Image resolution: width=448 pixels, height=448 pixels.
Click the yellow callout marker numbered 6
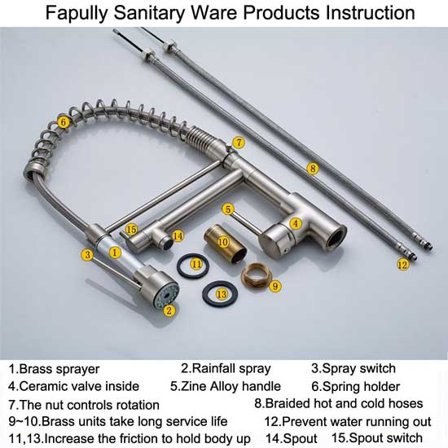(63, 123)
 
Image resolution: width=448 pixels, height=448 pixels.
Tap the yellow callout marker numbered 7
(238, 143)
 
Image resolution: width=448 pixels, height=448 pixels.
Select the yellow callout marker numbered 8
(312, 169)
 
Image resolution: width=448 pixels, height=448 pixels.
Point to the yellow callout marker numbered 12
(402, 265)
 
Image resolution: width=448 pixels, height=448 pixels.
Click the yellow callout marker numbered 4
(296, 222)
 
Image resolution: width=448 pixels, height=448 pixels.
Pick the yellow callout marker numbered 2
(169, 310)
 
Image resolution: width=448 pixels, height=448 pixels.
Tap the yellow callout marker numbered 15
(131, 231)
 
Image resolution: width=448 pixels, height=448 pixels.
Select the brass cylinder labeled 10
(220, 245)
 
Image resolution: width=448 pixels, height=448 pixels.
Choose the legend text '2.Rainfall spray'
(226, 368)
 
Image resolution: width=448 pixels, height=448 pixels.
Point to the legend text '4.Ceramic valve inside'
(74, 386)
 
